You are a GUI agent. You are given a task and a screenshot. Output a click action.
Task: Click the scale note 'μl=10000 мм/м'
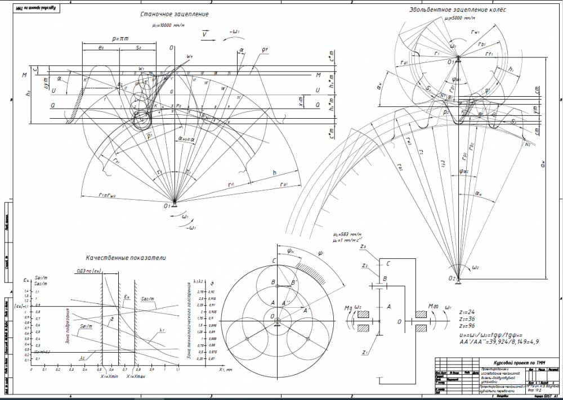point(171,25)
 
